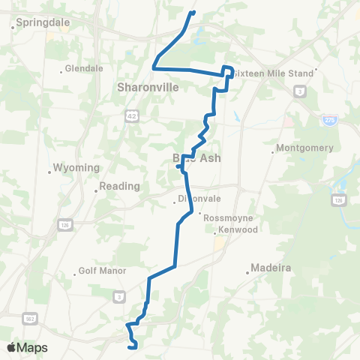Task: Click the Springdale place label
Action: (x=43, y=22)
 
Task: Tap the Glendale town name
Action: (x=84, y=68)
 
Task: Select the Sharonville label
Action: (x=148, y=87)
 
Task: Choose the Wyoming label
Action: (x=76, y=167)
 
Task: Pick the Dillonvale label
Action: (x=198, y=199)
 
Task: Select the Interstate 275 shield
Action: (x=329, y=119)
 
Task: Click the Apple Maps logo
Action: (x=26, y=347)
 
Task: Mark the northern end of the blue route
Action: (x=193, y=12)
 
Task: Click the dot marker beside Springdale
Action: (x=13, y=27)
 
